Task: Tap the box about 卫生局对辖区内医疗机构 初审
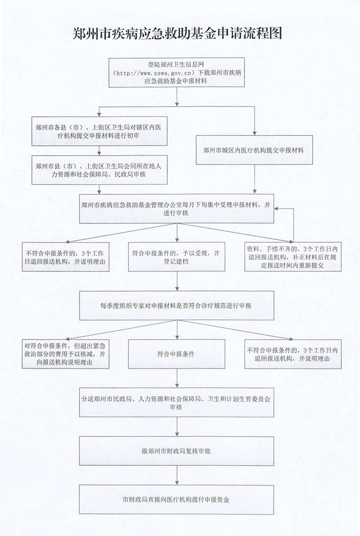pos(99,131)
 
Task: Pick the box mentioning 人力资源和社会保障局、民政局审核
pos(99,170)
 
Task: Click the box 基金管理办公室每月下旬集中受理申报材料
pos(176,208)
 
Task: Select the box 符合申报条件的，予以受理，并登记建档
pos(176,257)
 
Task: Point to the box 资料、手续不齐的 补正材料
pos(293,257)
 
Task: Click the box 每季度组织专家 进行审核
pos(176,305)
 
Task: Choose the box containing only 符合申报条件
pos(176,354)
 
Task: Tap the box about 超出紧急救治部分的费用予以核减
pos(66,354)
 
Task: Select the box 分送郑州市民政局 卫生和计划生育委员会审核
pos(176,402)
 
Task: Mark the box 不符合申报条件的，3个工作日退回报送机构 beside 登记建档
pos(66,257)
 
